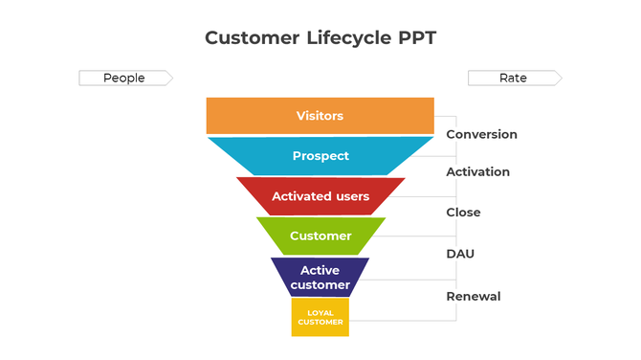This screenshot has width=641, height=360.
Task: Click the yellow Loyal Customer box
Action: [320, 318]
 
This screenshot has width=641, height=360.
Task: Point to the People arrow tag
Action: [124, 78]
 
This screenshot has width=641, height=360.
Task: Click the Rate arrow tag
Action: [514, 78]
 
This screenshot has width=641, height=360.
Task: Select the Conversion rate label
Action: [481, 134]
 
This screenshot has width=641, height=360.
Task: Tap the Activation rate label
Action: [477, 171]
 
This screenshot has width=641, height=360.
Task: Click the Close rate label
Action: [463, 212]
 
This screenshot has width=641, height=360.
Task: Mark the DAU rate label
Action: [460, 254]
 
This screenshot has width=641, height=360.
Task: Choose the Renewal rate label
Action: [473, 296]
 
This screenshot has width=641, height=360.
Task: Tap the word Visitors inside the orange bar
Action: [320, 116]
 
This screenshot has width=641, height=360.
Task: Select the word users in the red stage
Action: [350, 196]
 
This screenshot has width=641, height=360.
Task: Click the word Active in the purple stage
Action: [320, 270]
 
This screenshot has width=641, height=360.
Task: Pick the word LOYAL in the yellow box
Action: [320, 312]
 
